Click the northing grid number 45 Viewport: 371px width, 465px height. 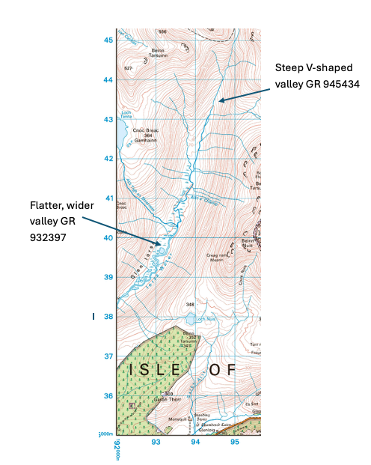(x=108, y=40)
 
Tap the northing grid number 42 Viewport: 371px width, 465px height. (x=108, y=159)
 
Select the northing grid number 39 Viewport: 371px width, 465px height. (x=108, y=277)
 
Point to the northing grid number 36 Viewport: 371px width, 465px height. (x=108, y=396)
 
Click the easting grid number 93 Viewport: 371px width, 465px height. (x=156, y=443)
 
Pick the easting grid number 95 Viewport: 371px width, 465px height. (x=235, y=443)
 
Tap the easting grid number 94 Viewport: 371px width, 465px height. (x=195, y=443)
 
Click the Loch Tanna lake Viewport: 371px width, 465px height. (x=120, y=135)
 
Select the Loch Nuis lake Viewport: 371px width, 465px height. (x=190, y=319)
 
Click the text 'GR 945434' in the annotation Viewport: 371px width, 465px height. (x=330, y=85)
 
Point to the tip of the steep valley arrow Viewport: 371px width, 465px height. (x=217, y=100)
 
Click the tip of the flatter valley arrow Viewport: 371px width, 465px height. (x=162, y=244)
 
